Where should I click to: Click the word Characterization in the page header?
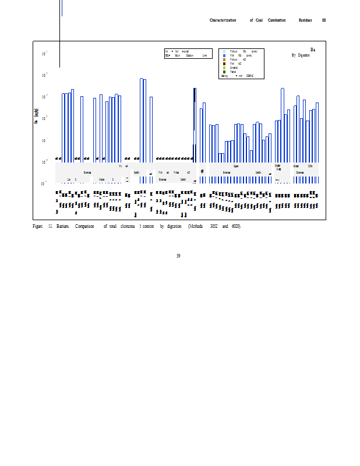point(223,20)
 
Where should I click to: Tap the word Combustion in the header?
point(277,20)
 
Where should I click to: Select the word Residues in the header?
point(305,20)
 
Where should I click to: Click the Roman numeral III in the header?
point(324,20)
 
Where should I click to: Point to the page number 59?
point(178,256)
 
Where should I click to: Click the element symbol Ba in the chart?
point(313,50)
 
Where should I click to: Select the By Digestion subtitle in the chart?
point(301,55)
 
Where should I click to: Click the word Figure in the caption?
point(38,226)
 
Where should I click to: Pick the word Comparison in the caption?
point(84,226)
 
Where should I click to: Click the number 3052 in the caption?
point(214,226)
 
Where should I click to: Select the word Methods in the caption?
point(196,226)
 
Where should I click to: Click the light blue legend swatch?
point(224,51)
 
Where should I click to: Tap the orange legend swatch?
point(224,59)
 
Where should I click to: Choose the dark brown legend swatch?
point(224,63)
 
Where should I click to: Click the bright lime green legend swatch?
point(224,68)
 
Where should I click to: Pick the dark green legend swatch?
point(224,72)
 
